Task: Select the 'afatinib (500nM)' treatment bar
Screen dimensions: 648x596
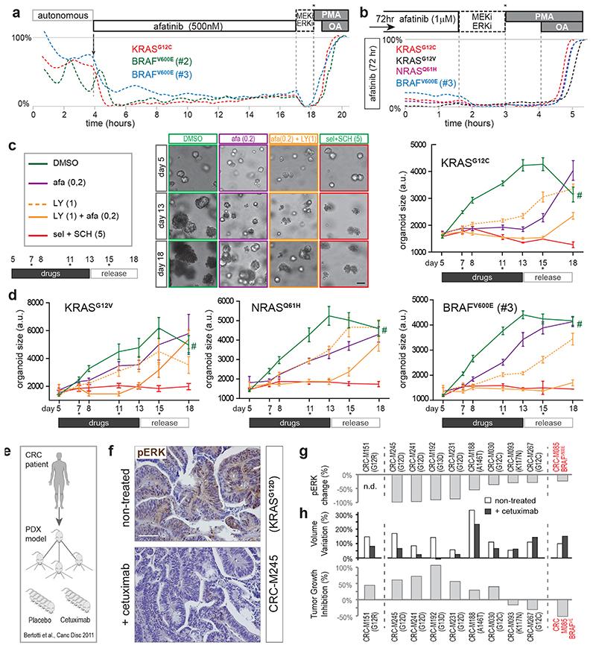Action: tap(194, 24)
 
